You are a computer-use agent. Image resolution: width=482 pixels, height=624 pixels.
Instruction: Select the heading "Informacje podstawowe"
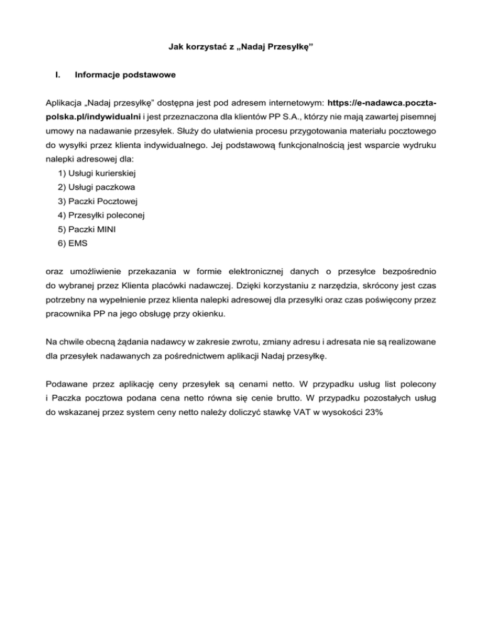pos(124,76)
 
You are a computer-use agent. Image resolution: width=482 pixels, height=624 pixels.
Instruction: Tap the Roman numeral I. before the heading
pos(58,76)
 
